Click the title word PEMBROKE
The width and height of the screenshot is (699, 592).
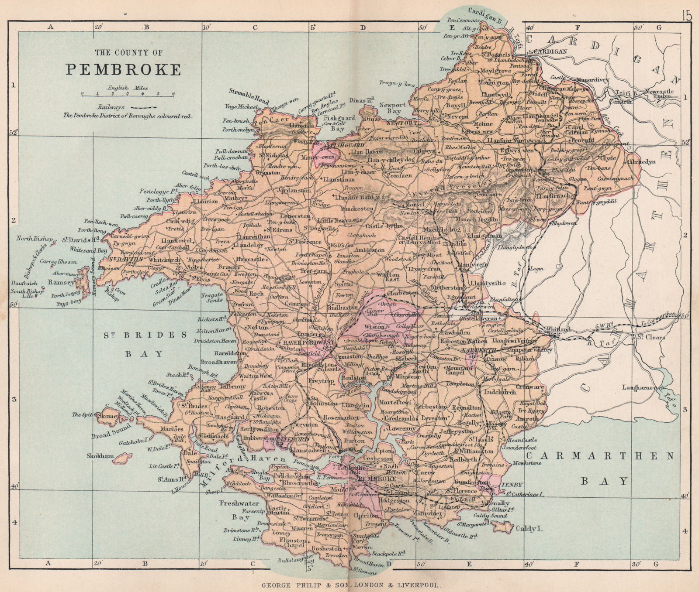(x=123, y=70)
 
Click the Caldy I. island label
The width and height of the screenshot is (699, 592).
(x=525, y=529)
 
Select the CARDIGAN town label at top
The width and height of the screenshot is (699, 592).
(x=554, y=51)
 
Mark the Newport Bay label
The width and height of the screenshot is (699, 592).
(x=392, y=108)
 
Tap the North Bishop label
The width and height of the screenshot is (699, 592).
(x=35, y=239)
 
